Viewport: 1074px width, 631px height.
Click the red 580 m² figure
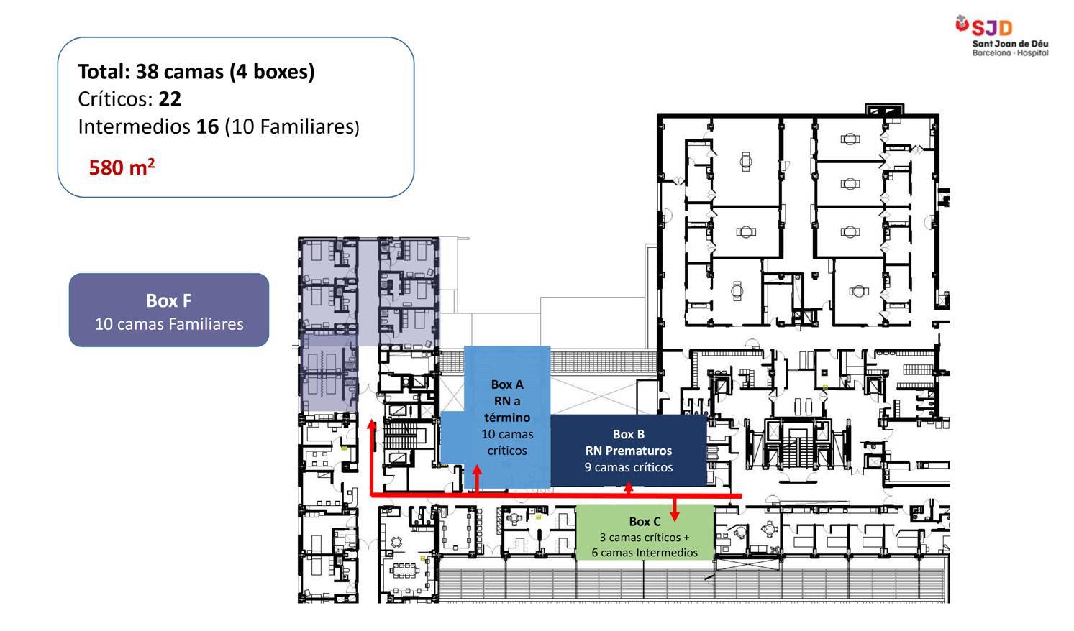(122, 167)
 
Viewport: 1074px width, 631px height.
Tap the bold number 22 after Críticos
(170, 99)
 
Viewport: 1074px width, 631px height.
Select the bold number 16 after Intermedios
(208, 126)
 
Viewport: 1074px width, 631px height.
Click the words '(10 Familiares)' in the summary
(292, 127)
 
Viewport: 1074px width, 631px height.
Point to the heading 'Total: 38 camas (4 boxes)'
(196, 72)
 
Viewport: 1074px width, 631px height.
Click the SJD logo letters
(991, 28)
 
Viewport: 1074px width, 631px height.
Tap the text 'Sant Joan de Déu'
(1010, 44)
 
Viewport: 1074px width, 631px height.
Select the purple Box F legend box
(169, 310)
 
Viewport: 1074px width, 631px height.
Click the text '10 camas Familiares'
(169, 324)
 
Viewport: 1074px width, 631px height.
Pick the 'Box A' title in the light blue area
(507, 384)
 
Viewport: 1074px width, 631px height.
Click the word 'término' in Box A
(507, 418)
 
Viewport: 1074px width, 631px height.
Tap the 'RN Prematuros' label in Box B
(629, 451)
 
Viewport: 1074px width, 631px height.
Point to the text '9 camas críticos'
(629, 467)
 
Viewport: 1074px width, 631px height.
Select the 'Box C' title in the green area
(645, 521)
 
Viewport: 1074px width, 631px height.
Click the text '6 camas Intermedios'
(645, 553)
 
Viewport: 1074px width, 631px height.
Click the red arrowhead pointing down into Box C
(675, 516)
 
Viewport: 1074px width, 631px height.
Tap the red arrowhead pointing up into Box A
(477, 469)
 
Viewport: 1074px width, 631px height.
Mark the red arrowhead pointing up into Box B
(629, 487)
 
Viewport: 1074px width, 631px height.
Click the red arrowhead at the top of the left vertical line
(372, 424)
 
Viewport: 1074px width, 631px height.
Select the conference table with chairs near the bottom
(404, 571)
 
